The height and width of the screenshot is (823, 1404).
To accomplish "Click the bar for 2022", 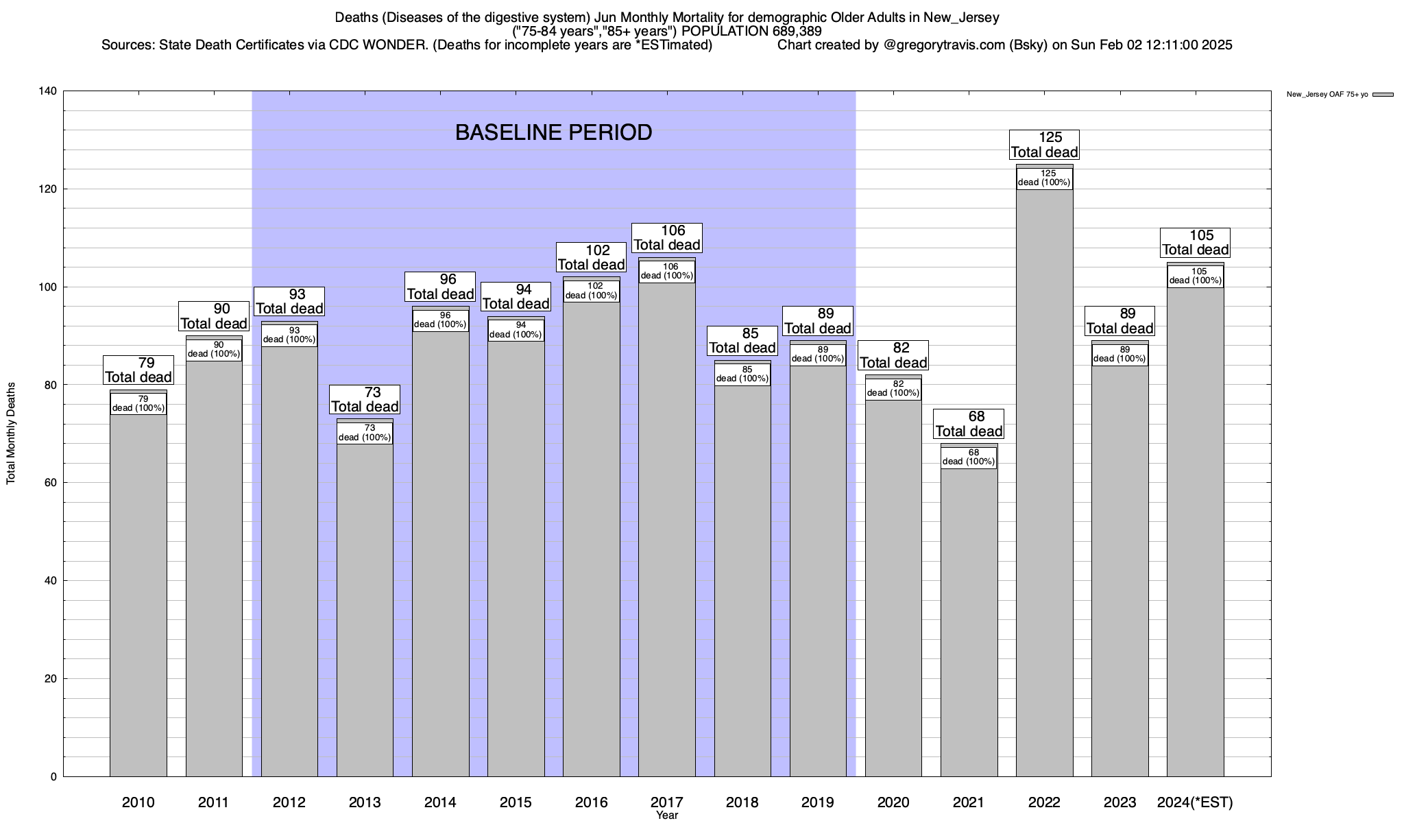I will point(1044,480).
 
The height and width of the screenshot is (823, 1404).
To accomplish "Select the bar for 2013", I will point(365,610).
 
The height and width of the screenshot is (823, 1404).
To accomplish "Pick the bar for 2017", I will point(667,528).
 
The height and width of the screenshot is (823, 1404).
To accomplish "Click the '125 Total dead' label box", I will point(1045,145).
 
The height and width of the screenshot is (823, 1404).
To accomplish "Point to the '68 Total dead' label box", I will point(969,424).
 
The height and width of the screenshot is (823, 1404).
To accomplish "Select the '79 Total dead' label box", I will point(138,370).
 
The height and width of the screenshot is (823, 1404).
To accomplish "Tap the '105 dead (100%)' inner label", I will point(1196,276).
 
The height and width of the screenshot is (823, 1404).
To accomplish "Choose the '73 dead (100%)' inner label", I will point(365,433).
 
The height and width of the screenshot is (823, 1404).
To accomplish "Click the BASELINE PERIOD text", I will point(553,132).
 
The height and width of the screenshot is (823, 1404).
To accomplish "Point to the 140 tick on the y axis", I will point(52,91).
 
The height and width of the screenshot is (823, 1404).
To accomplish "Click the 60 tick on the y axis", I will point(52,483).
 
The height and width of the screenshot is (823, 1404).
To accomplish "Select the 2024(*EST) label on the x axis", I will point(1195,802).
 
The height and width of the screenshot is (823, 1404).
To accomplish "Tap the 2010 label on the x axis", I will point(138,802).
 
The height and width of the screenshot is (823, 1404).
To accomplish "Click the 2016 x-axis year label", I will point(592,802).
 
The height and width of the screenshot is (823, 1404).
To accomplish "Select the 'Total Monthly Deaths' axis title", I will point(11,434).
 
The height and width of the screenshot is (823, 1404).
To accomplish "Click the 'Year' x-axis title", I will point(667,815).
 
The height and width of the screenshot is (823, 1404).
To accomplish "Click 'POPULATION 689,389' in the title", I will point(752,32).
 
